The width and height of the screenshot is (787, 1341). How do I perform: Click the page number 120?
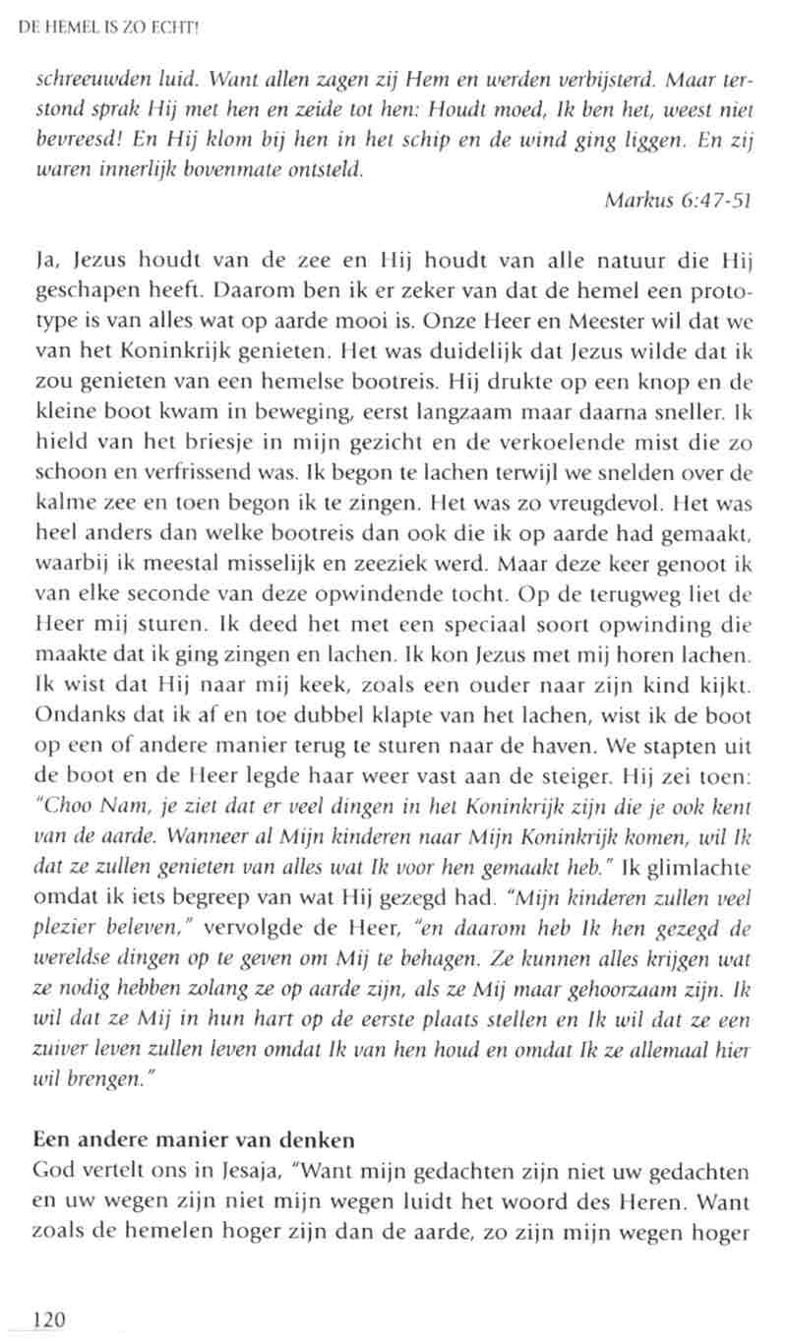coord(49,1319)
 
